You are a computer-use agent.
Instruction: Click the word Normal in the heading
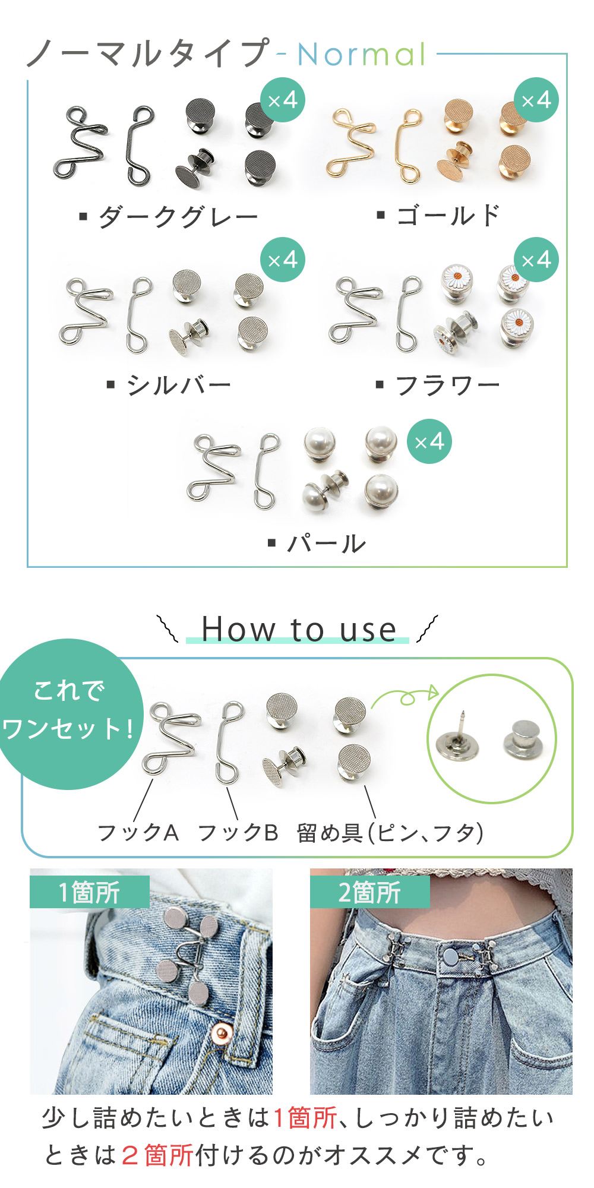pyautogui.click(x=362, y=55)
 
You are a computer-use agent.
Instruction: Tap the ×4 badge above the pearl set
pyautogui.click(x=429, y=442)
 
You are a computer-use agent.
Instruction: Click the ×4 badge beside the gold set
pyautogui.click(x=536, y=100)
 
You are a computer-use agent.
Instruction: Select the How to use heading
pyautogui.click(x=299, y=630)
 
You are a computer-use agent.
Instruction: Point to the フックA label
pyautogui.click(x=138, y=833)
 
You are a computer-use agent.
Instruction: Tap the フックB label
pyautogui.click(x=238, y=833)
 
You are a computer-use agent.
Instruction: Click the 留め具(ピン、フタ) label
pyautogui.click(x=390, y=833)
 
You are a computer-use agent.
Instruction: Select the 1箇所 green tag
pyautogui.click(x=89, y=892)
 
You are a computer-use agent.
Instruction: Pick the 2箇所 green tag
pyautogui.click(x=369, y=892)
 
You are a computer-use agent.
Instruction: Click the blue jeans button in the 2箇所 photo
pyautogui.click(x=448, y=956)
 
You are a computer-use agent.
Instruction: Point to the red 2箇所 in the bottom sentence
pyautogui.click(x=157, y=1155)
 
